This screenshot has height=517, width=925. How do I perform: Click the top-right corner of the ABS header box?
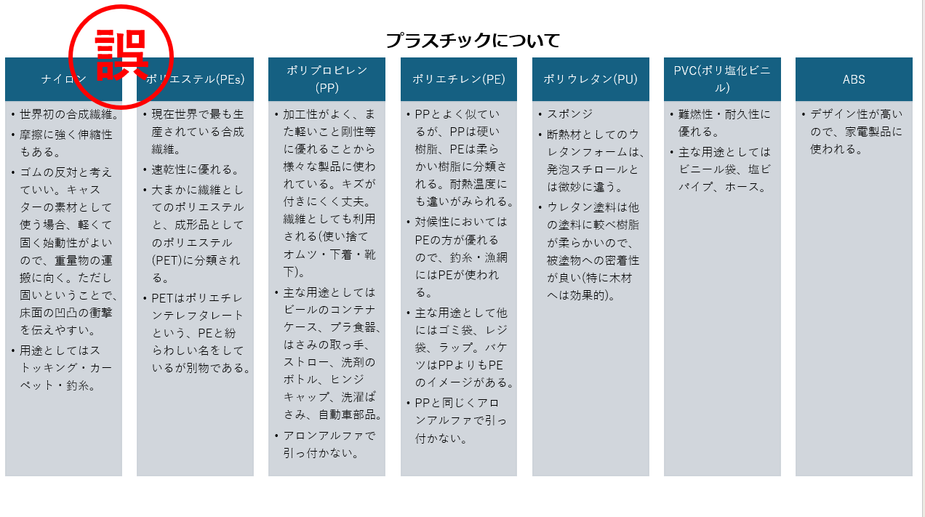(912, 58)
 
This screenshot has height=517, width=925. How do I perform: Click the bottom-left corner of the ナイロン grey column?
(5, 476)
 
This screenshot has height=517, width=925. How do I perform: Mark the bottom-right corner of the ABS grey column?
(912, 476)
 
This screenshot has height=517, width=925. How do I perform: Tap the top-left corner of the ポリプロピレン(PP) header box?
(268, 58)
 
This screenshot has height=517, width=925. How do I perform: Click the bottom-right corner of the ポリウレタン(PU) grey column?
(649, 476)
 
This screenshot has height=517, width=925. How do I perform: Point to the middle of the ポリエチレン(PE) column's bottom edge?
(459, 476)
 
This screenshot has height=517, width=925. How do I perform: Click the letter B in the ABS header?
(854, 79)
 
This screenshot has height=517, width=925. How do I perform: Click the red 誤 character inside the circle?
(121, 55)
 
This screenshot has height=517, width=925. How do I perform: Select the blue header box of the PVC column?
(722, 79)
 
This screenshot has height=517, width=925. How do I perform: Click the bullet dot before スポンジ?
(540, 114)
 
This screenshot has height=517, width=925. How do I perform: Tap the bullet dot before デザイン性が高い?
(804, 114)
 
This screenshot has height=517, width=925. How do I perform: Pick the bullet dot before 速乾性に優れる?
(145, 169)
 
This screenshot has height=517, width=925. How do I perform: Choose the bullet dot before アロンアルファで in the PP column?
(276, 436)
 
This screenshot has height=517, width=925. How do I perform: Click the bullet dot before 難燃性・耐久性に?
(672, 114)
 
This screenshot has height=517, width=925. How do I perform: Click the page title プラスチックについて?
(473, 41)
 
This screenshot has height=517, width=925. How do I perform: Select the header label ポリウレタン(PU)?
(590, 79)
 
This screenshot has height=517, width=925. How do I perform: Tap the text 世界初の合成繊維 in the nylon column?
(66, 114)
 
